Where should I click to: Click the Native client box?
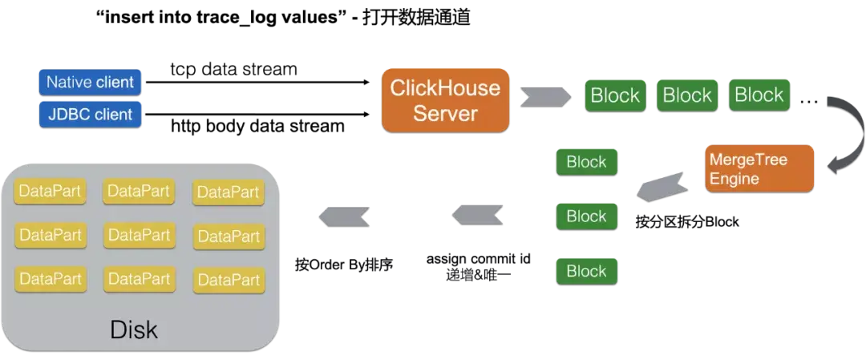click(x=90, y=82)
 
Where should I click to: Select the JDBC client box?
click(x=90, y=114)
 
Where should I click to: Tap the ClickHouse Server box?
click(x=445, y=100)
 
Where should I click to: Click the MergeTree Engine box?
click(x=759, y=168)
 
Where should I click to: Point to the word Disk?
click(x=134, y=330)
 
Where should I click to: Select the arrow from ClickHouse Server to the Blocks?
click(x=547, y=95)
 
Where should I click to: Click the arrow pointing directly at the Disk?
click(x=345, y=215)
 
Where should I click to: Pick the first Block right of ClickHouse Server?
click(x=615, y=95)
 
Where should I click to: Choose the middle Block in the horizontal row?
click(x=687, y=95)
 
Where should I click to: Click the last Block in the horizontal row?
click(x=759, y=95)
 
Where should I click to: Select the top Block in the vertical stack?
click(x=586, y=162)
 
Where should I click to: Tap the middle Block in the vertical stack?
click(x=586, y=216)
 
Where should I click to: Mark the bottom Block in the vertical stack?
click(x=586, y=271)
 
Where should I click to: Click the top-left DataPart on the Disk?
click(x=50, y=191)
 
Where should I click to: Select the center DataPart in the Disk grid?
click(x=139, y=235)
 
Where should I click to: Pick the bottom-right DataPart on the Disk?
click(x=229, y=280)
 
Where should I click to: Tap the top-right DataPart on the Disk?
click(x=229, y=192)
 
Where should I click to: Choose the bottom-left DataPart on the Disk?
click(x=50, y=279)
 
